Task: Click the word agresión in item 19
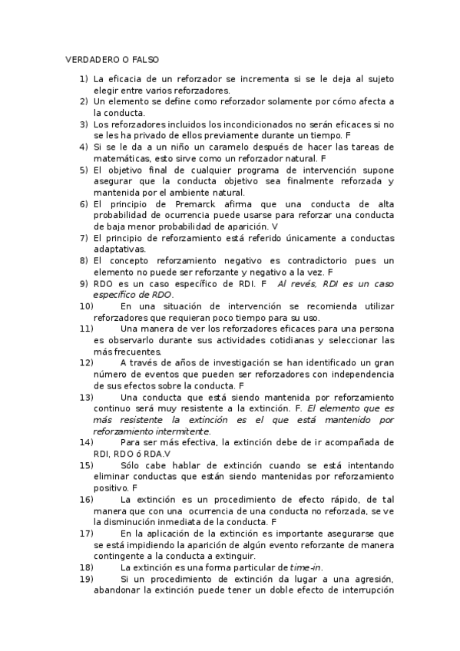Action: (371, 578)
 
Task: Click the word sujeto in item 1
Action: (378, 78)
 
